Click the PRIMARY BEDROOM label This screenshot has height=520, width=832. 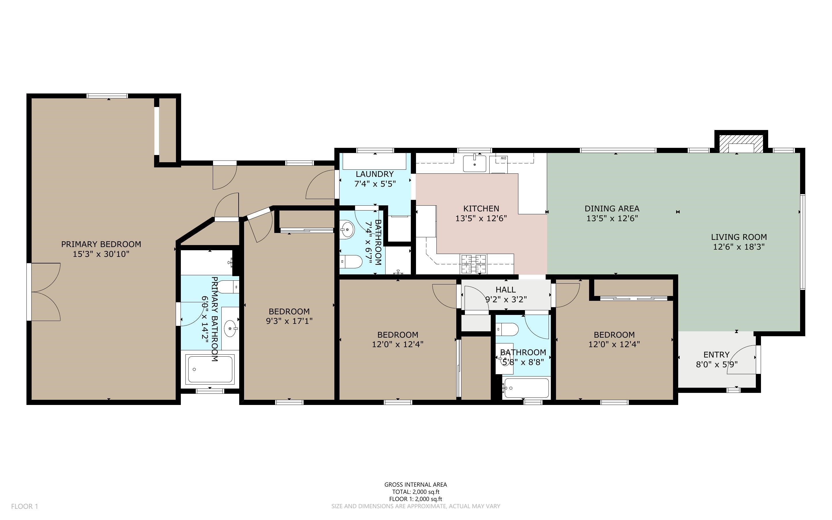[x=101, y=244]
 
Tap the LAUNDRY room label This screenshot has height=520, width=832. [x=375, y=174]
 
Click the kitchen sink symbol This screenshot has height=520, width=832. [x=475, y=163]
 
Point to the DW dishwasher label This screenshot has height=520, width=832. [x=503, y=158]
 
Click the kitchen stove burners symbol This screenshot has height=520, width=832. [x=474, y=264]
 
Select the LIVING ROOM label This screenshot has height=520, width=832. [x=739, y=237]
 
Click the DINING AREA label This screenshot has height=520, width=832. [x=612, y=209]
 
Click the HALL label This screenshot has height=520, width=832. [x=505, y=290]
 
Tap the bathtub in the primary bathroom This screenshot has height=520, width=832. [x=210, y=369]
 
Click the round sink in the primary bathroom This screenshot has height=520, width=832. [x=231, y=328]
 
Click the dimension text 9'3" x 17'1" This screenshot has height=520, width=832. [x=289, y=321]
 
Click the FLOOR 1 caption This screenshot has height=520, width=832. [x=24, y=506]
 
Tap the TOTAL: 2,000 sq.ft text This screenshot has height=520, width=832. [x=415, y=492]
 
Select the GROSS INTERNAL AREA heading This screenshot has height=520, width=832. [x=415, y=485]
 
